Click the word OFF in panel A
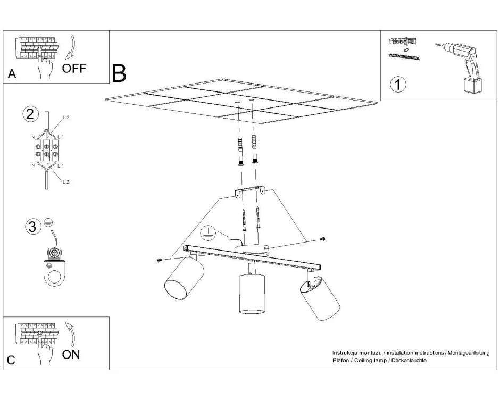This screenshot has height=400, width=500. click(x=74, y=69)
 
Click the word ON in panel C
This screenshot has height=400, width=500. click(x=71, y=355)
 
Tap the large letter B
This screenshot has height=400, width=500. click(x=119, y=74)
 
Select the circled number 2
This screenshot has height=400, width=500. click(x=31, y=114)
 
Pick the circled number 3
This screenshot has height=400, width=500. click(x=32, y=227)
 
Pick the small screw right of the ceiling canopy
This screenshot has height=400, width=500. click(x=323, y=239)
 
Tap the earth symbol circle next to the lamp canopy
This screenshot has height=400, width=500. click(x=207, y=232)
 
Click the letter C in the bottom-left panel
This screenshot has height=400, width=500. click(x=11, y=361)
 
